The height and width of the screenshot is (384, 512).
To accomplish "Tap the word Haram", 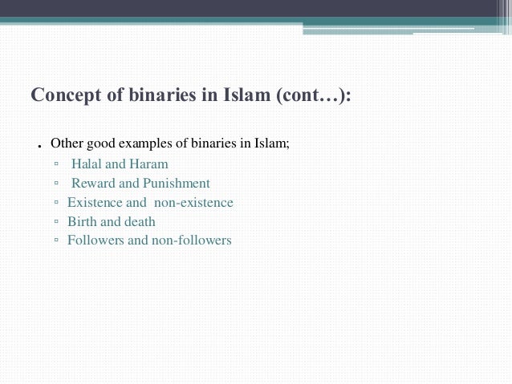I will pos(149,164).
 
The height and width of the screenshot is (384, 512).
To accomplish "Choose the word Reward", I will pos(93,183).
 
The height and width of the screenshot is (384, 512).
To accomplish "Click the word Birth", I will pos(83,221).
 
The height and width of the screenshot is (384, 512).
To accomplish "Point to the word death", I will pos(140,221).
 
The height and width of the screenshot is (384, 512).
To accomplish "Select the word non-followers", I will pos(191,240).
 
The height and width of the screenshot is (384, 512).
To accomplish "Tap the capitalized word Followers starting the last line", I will pos(95,240).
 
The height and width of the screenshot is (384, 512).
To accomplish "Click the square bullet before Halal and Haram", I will pos(57,164).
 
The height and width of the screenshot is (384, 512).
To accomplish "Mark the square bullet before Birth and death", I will pos(57,222).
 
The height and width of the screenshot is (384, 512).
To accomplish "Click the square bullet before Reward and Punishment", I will pos(57,184).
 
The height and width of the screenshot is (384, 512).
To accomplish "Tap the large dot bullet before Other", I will pos(39,148).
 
